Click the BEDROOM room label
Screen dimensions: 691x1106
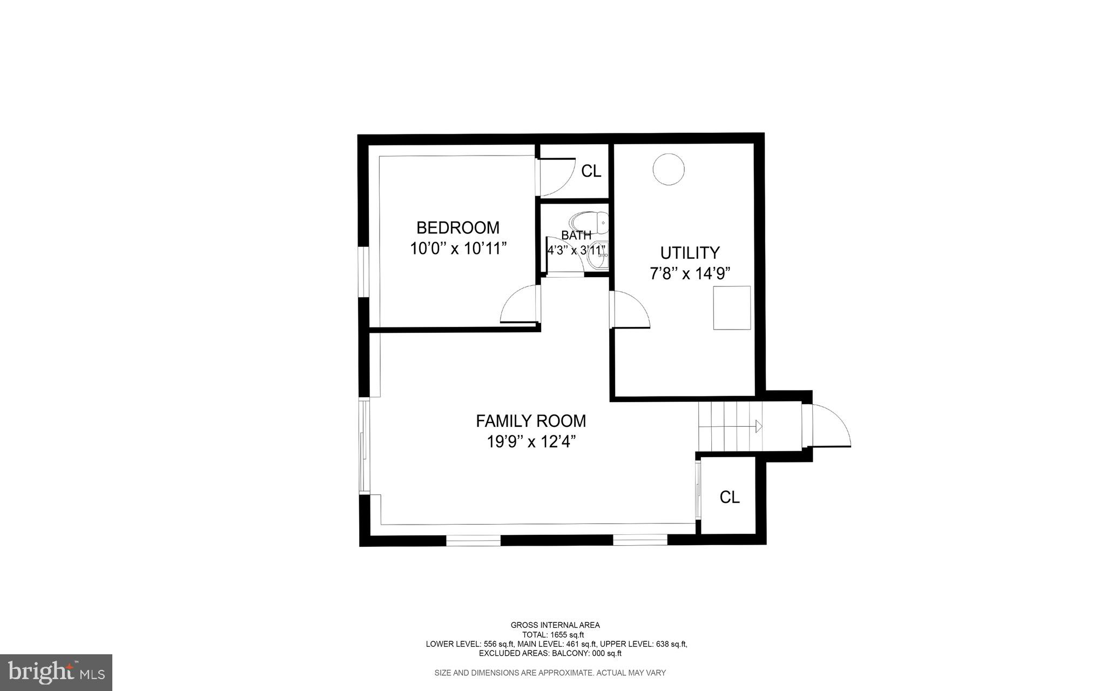pyautogui.click(x=457, y=227)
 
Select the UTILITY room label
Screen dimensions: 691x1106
pyautogui.click(x=690, y=253)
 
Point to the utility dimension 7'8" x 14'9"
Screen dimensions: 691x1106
pyautogui.click(x=690, y=274)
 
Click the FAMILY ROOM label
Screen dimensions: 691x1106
pyautogui.click(x=530, y=421)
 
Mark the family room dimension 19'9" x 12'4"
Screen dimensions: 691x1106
pyautogui.click(x=530, y=442)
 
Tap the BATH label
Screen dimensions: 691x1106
pyautogui.click(x=576, y=236)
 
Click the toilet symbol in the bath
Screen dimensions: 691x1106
pyautogui.click(x=589, y=222)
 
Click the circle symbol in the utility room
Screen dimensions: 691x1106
pyautogui.click(x=669, y=169)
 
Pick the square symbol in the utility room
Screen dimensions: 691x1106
pyautogui.click(x=732, y=307)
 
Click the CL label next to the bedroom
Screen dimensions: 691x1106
pyautogui.click(x=591, y=171)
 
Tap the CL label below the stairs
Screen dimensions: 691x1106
pyautogui.click(x=729, y=497)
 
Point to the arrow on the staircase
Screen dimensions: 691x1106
pyautogui.click(x=758, y=427)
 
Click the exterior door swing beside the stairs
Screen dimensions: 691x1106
pyautogui.click(x=831, y=427)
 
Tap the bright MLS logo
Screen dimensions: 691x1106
pyautogui.click(x=56, y=672)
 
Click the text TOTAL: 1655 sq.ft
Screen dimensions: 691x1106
pyautogui.click(x=552, y=635)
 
